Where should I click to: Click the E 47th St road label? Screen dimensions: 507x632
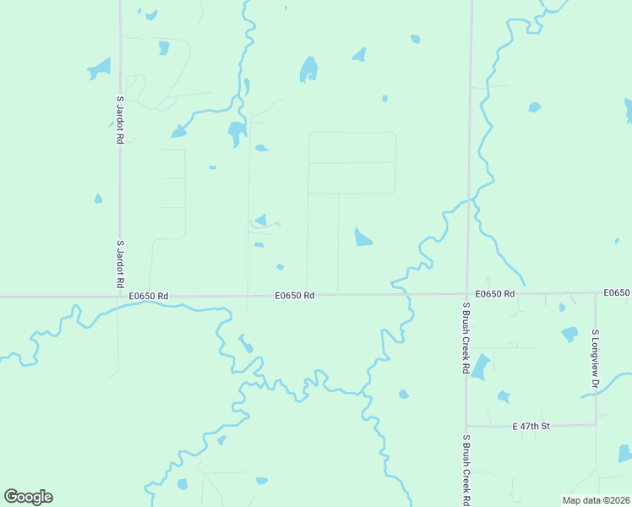(531, 427)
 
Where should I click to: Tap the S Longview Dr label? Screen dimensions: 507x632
(595, 360)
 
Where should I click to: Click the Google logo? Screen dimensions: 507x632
(28, 497)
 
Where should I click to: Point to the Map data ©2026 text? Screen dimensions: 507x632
(595, 500)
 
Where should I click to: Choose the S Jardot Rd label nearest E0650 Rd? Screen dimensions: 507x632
(120, 265)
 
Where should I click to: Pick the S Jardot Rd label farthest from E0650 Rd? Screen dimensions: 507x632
(120, 119)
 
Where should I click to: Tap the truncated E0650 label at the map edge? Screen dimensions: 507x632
(617, 292)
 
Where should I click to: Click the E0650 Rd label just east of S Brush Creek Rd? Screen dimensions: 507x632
(495, 293)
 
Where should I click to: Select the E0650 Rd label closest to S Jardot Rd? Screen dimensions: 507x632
(150, 296)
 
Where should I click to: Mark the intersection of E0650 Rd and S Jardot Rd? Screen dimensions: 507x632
(119, 297)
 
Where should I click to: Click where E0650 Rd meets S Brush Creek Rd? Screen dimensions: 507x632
(466, 294)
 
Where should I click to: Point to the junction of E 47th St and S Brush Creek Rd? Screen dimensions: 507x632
(466, 426)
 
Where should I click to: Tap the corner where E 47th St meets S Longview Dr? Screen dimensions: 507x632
(596, 424)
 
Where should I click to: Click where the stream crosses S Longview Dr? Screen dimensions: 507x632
(596, 394)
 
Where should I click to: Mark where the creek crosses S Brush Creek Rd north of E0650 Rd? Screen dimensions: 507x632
(469, 201)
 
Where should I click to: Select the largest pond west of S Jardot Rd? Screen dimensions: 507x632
(100, 67)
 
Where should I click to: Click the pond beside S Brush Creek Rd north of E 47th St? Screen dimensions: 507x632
(480, 367)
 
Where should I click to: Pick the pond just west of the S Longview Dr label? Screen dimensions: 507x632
(569, 334)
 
